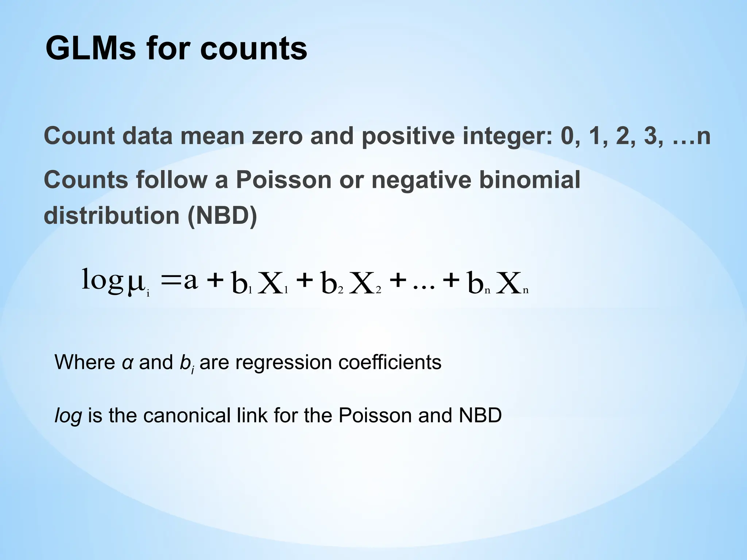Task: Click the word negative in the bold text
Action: pos(421,180)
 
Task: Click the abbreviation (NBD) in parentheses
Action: pos(222,215)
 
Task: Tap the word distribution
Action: pos(111,215)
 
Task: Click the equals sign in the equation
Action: pos(171,281)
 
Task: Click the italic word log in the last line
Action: pos(68,416)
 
